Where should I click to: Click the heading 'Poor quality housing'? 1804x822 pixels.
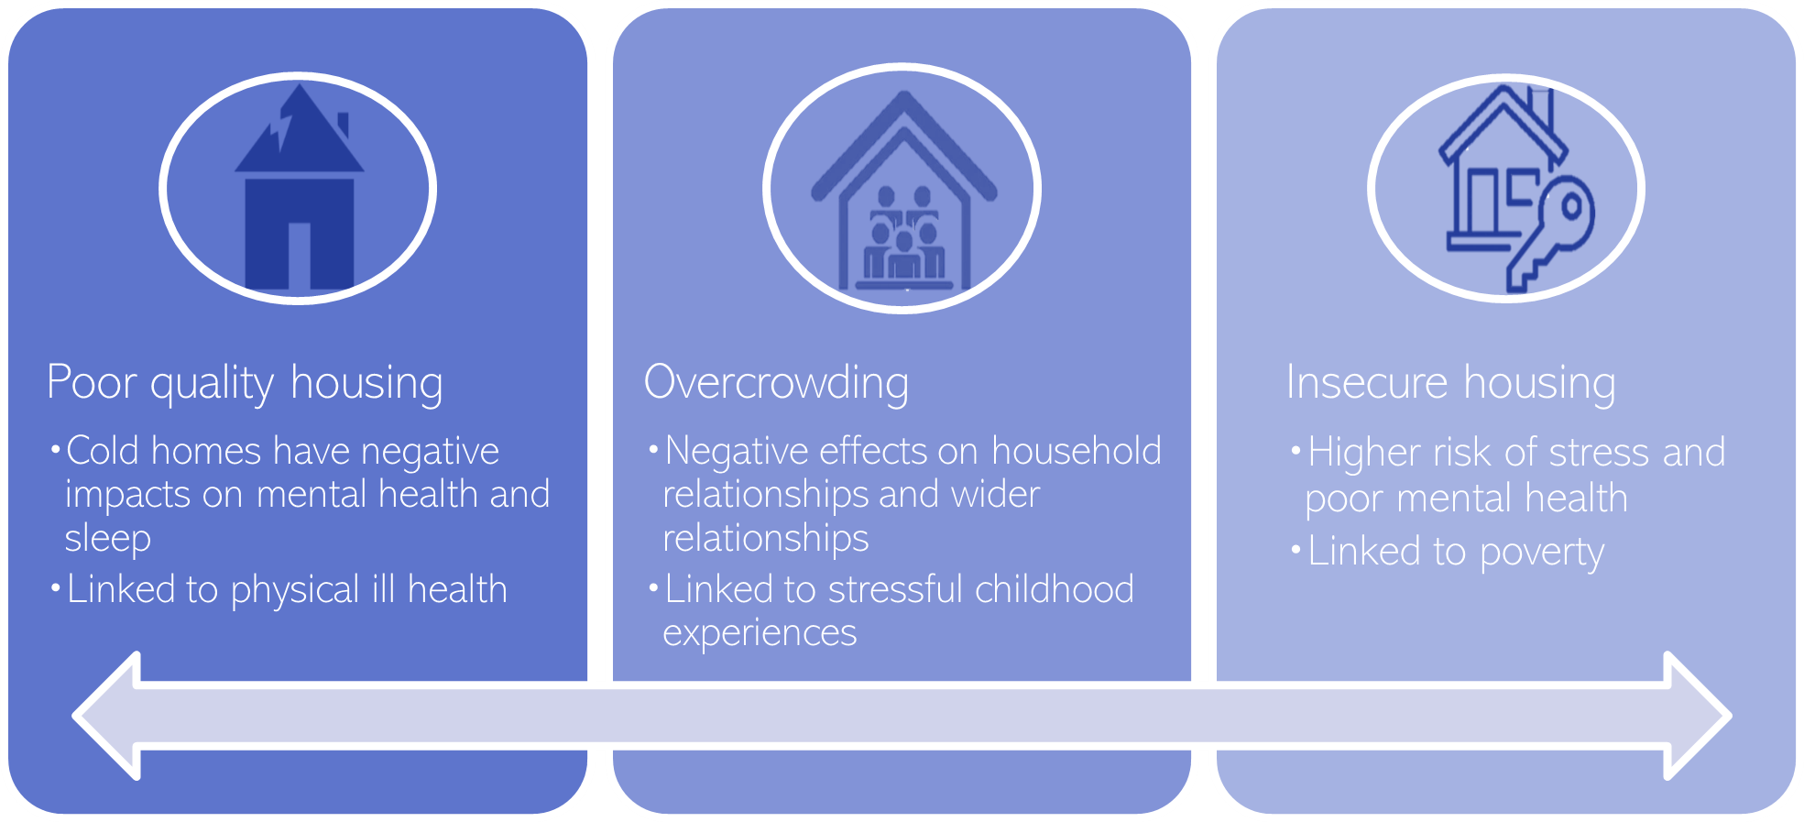245,383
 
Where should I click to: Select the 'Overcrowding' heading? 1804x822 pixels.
776,383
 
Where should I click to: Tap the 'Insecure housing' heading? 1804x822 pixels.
1450,383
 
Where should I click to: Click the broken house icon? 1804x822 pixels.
299,188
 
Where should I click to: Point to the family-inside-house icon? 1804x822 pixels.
903,192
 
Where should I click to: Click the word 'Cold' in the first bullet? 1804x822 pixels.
101,452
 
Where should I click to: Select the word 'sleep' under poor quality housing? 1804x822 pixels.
107,539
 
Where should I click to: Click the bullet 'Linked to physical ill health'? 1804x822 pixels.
287,590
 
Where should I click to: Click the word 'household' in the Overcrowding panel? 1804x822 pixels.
1076,452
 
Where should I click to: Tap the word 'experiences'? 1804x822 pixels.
760,633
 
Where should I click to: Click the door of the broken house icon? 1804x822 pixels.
300,257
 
